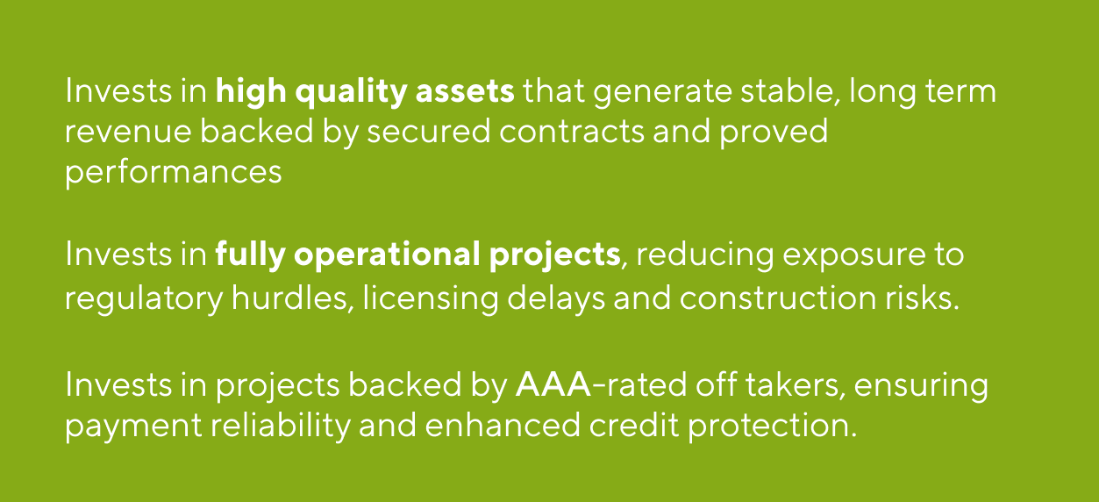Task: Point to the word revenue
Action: click(x=127, y=132)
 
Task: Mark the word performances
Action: click(x=174, y=172)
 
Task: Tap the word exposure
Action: click(x=846, y=256)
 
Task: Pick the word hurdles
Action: click(x=289, y=298)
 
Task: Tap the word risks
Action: click(x=920, y=298)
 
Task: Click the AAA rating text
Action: click(x=553, y=384)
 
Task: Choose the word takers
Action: click(x=775, y=384)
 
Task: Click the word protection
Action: click(x=770, y=425)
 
